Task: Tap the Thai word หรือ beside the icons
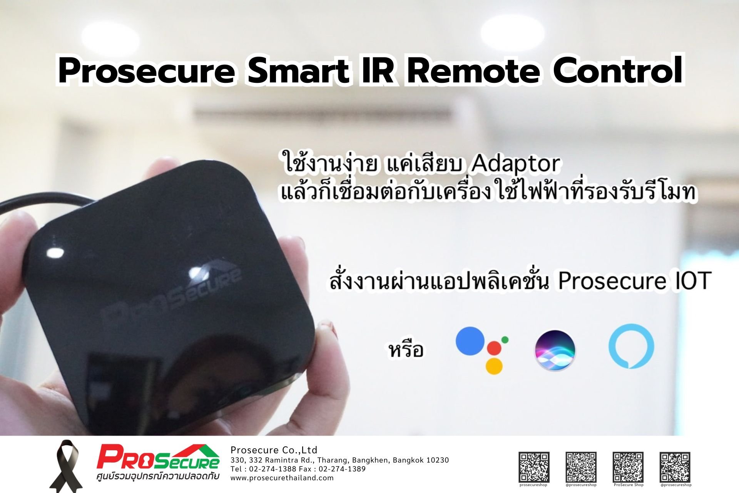(x=406, y=350)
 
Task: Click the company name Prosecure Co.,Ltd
(x=274, y=450)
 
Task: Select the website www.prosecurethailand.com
(x=282, y=478)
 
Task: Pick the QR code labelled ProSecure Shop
(x=628, y=467)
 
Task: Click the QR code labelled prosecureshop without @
(x=534, y=467)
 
